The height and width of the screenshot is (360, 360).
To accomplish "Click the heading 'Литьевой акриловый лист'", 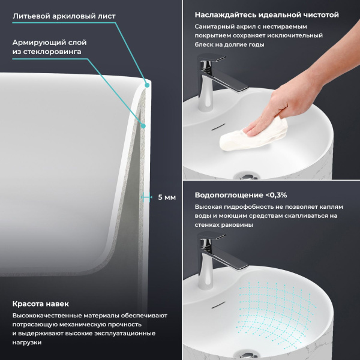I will coord(65,16).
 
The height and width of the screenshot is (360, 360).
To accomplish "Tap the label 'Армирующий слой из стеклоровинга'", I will coord(50,47).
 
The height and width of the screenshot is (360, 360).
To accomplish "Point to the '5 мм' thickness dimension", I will coord(166,197).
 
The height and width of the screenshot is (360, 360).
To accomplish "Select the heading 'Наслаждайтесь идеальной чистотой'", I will coord(266,14).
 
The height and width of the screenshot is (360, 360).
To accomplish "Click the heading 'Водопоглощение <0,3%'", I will coord(241,195).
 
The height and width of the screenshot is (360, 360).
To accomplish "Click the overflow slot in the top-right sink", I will coord(218,127).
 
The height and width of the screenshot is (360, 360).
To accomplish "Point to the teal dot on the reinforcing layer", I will coord(143,125).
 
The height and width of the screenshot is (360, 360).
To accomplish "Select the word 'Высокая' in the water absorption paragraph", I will coord(209,207).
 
